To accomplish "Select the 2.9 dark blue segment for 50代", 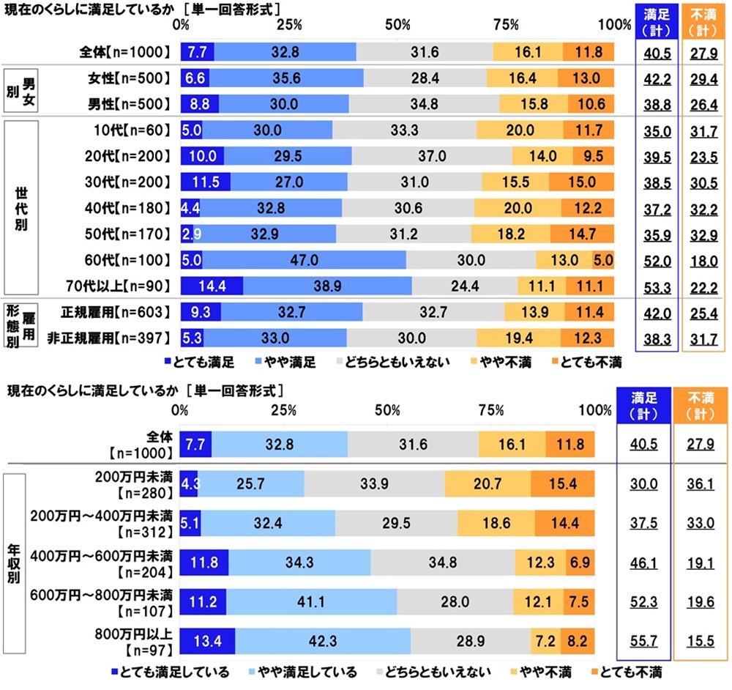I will [187, 234].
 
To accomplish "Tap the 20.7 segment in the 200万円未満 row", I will [487, 483].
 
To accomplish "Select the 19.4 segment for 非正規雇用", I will [518, 338].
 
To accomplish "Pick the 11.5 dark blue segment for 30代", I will [206, 182].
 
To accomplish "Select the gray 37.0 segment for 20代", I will [431, 156].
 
